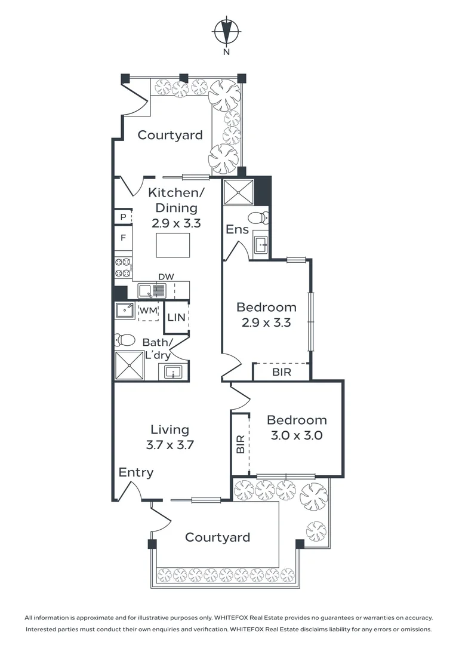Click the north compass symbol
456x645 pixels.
pyautogui.click(x=226, y=31)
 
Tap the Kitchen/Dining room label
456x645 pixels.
pyautogui.click(x=176, y=200)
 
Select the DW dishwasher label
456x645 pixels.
pyautogui.click(x=166, y=277)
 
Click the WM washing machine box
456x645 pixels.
pyautogui.click(x=148, y=311)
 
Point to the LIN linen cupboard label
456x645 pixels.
pyautogui.click(x=177, y=317)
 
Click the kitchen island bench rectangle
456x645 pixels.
pyautogui.click(x=172, y=245)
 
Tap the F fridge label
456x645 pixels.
pyautogui.click(x=123, y=238)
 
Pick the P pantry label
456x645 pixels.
pyautogui.click(x=123, y=216)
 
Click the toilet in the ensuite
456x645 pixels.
pyautogui.click(x=259, y=217)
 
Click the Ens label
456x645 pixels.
pyautogui.click(x=238, y=229)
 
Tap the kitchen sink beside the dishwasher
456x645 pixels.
pyautogui.click(x=152, y=290)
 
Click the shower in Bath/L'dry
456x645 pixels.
pyautogui.click(x=130, y=365)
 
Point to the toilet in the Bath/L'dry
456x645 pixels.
pyautogui.click(x=125, y=340)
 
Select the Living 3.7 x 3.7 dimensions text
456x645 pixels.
pyautogui.click(x=170, y=445)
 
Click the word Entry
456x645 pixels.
pyautogui.click(x=135, y=472)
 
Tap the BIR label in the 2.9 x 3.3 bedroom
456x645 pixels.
pyautogui.click(x=282, y=372)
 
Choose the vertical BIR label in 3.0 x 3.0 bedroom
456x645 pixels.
pyautogui.click(x=241, y=444)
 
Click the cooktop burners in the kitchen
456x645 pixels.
pyautogui.click(x=123, y=268)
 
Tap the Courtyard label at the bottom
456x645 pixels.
pyautogui.click(x=217, y=537)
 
